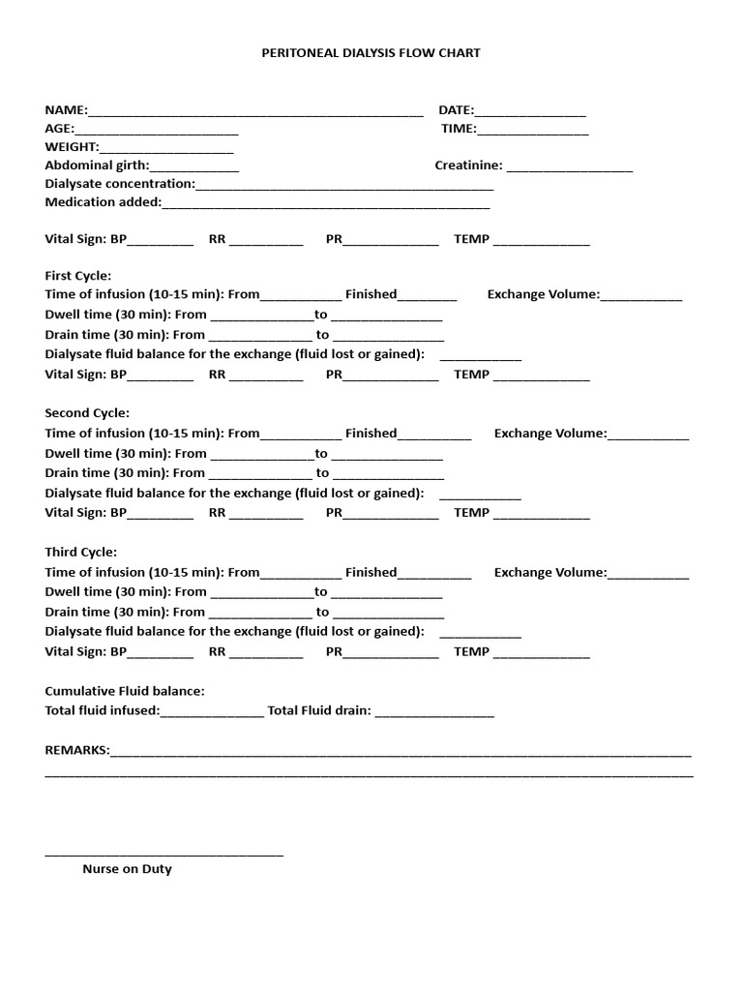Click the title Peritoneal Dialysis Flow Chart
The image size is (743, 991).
(x=371, y=53)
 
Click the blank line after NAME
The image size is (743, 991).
(x=255, y=112)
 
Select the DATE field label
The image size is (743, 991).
(x=456, y=110)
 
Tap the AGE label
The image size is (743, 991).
(x=59, y=129)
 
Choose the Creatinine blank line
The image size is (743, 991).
(x=570, y=168)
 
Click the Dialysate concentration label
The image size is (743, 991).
(x=120, y=184)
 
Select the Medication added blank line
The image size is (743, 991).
(x=326, y=205)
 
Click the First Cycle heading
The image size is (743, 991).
(x=78, y=276)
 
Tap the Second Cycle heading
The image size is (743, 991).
(x=87, y=413)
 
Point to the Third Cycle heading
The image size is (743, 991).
(x=81, y=552)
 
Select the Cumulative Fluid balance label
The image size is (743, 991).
(x=125, y=691)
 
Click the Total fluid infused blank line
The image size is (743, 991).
(x=212, y=713)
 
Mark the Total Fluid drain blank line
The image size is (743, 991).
(x=434, y=713)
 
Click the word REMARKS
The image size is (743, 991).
(x=77, y=750)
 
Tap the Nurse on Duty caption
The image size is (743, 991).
(x=127, y=869)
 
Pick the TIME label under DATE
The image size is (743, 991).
(x=459, y=129)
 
